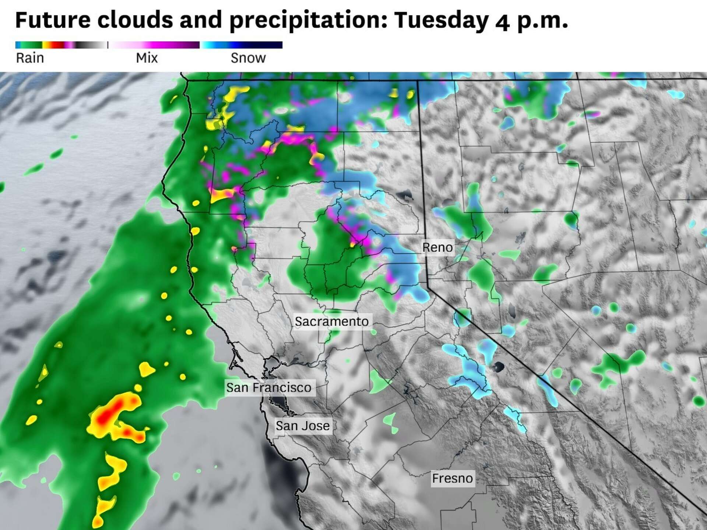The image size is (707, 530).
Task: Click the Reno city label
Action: [437, 247]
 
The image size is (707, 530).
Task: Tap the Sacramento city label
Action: [331, 321]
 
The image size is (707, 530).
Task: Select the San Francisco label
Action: [268, 388]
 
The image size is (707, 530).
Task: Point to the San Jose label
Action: [303, 426]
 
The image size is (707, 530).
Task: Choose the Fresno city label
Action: [452, 478]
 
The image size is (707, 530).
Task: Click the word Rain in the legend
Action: [30, 58]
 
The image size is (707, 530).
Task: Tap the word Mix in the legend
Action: [147, 58]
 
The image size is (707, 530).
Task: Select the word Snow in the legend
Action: [248, 58]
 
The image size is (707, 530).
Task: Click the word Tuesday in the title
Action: [441, 20]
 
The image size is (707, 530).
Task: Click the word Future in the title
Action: [52, 20]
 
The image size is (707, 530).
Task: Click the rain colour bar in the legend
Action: [61, 45]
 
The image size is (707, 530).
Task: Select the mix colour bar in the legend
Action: [155, 45]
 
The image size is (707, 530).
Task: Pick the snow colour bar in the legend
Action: [242, 45]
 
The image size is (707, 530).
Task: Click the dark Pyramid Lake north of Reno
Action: [405, 195]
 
